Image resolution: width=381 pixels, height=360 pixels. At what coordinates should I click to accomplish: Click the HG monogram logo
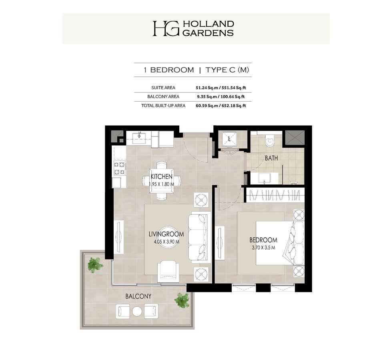(x=166, y=28)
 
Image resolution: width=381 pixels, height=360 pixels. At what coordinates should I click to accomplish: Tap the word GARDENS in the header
(x=208, y=33)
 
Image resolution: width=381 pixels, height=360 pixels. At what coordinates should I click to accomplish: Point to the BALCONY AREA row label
(x=163, y=97)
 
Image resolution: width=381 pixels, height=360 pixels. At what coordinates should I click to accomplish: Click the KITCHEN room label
(x=161, y=176)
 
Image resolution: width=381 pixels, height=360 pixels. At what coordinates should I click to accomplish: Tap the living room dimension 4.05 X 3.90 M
(x=166, y=242)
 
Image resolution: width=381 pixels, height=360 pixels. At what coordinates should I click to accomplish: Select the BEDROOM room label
(x=263, y=240)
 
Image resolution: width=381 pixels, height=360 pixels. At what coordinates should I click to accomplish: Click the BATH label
(x=271, y=158)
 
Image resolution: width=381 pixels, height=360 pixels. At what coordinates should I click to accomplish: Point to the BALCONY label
(x=138, y=296)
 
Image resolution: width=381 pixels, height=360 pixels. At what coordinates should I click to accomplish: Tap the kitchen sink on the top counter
(x=140, y=136)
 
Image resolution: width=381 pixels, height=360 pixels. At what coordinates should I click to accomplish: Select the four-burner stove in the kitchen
(x=120, y=168)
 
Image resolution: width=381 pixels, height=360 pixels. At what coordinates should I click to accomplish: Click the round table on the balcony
(x=137, y=312)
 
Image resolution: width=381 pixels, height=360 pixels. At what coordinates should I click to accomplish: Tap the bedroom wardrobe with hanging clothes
(x=275, y=195)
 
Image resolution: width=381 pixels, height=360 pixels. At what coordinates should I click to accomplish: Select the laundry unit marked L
(x=229, y=139)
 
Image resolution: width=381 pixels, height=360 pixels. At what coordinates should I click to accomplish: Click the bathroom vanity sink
(x=265, y=178)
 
